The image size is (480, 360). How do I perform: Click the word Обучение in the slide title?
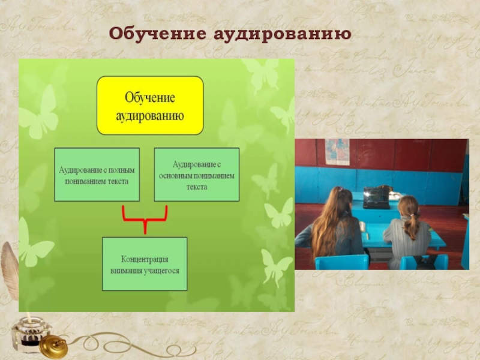[x=157, y=34]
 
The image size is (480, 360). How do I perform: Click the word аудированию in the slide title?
[x=282, y=34]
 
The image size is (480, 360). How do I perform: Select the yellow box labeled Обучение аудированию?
[x=150, y=106]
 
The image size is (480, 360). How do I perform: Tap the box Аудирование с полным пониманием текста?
[x=97, y=175]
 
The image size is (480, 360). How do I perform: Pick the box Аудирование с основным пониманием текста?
[x=197, y=175]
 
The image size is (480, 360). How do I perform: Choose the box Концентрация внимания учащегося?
[x=145, y=264]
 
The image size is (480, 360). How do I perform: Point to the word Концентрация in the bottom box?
[x=145, y=259]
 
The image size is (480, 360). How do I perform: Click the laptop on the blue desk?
[x=376, y=198]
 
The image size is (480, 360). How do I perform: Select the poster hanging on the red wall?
[x=337, y=152]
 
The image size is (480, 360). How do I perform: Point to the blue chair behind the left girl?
[x=341, y=262]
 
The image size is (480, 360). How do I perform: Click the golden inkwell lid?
[x=53, y=347]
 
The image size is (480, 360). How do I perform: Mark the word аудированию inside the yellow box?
[x=150, y=116]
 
